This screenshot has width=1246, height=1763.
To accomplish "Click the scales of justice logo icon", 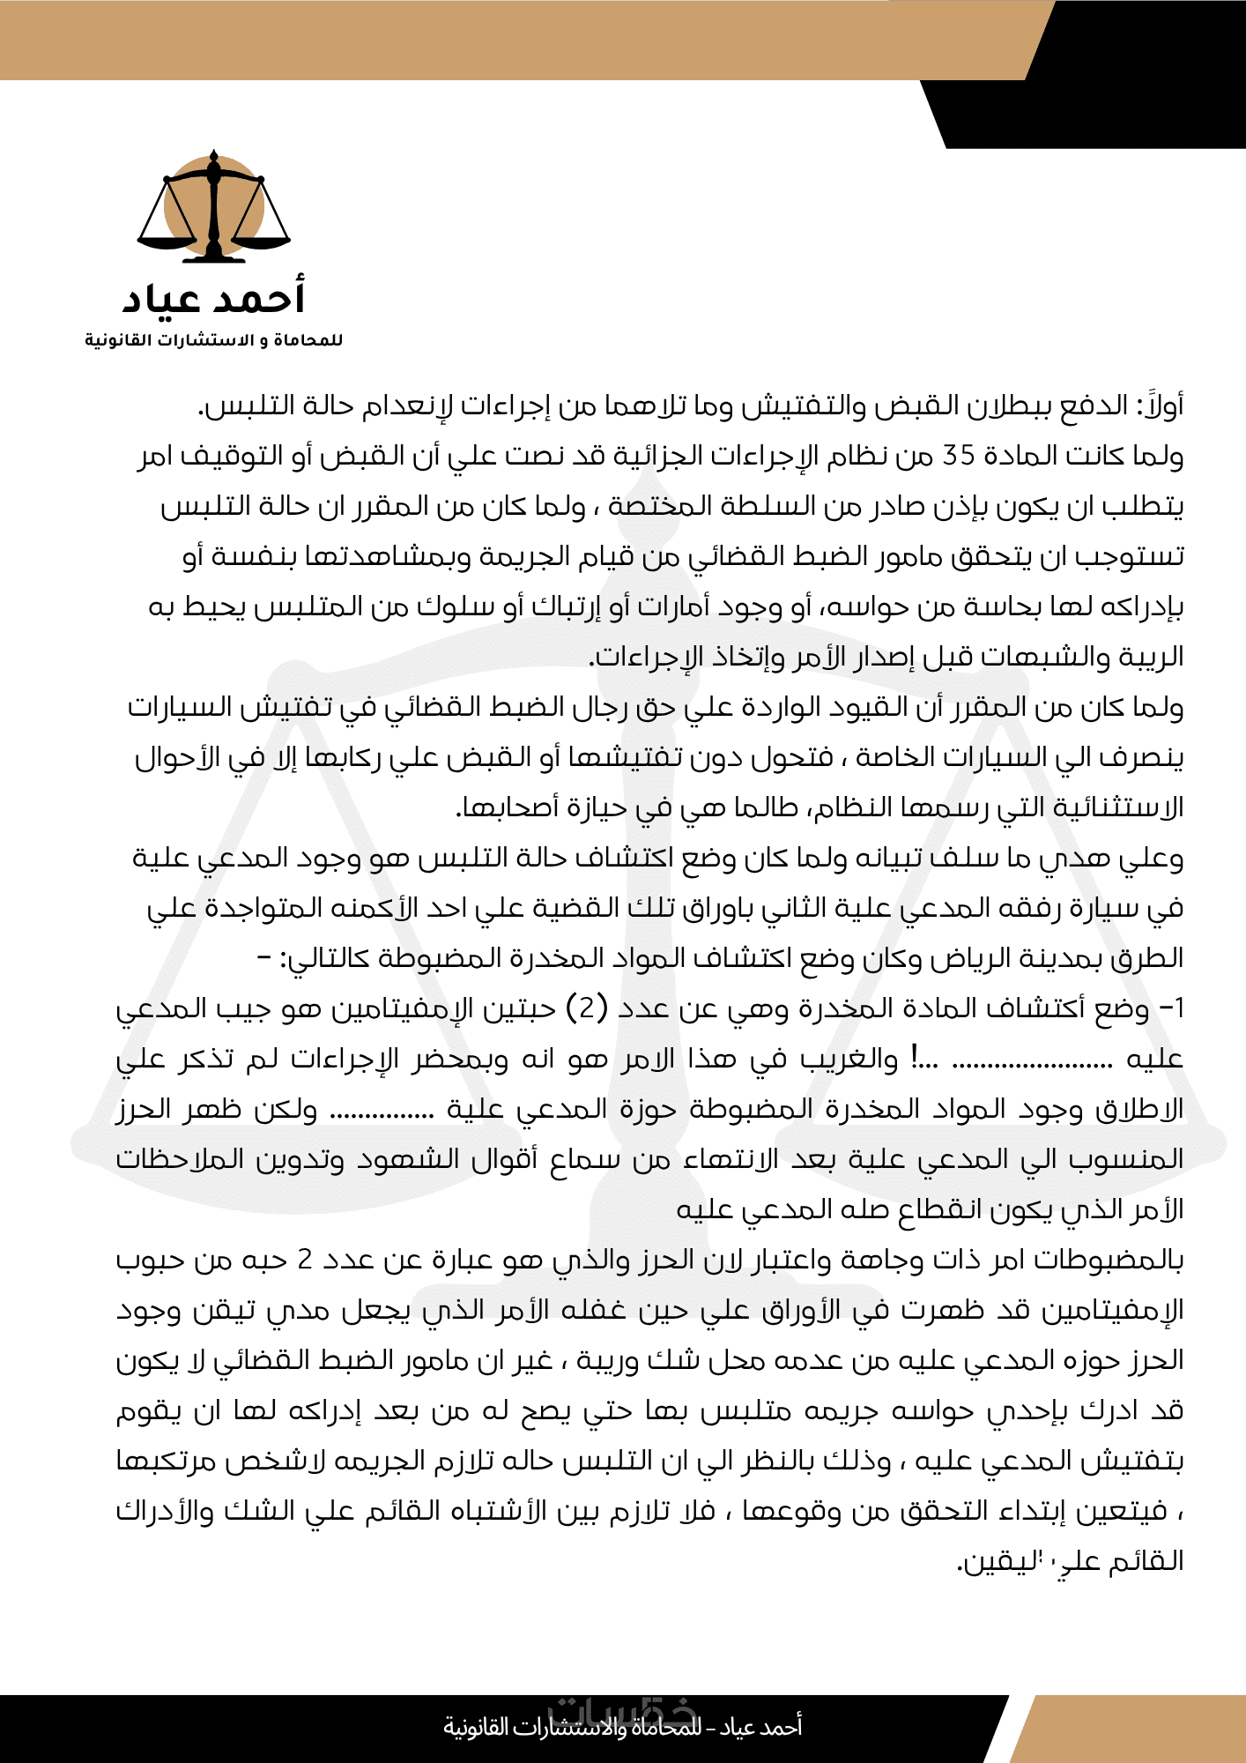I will coord(214,208).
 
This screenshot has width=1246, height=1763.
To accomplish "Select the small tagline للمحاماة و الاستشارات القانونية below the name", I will coord(214,340).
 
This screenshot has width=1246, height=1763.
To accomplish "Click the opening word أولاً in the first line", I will coord(1158,405).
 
